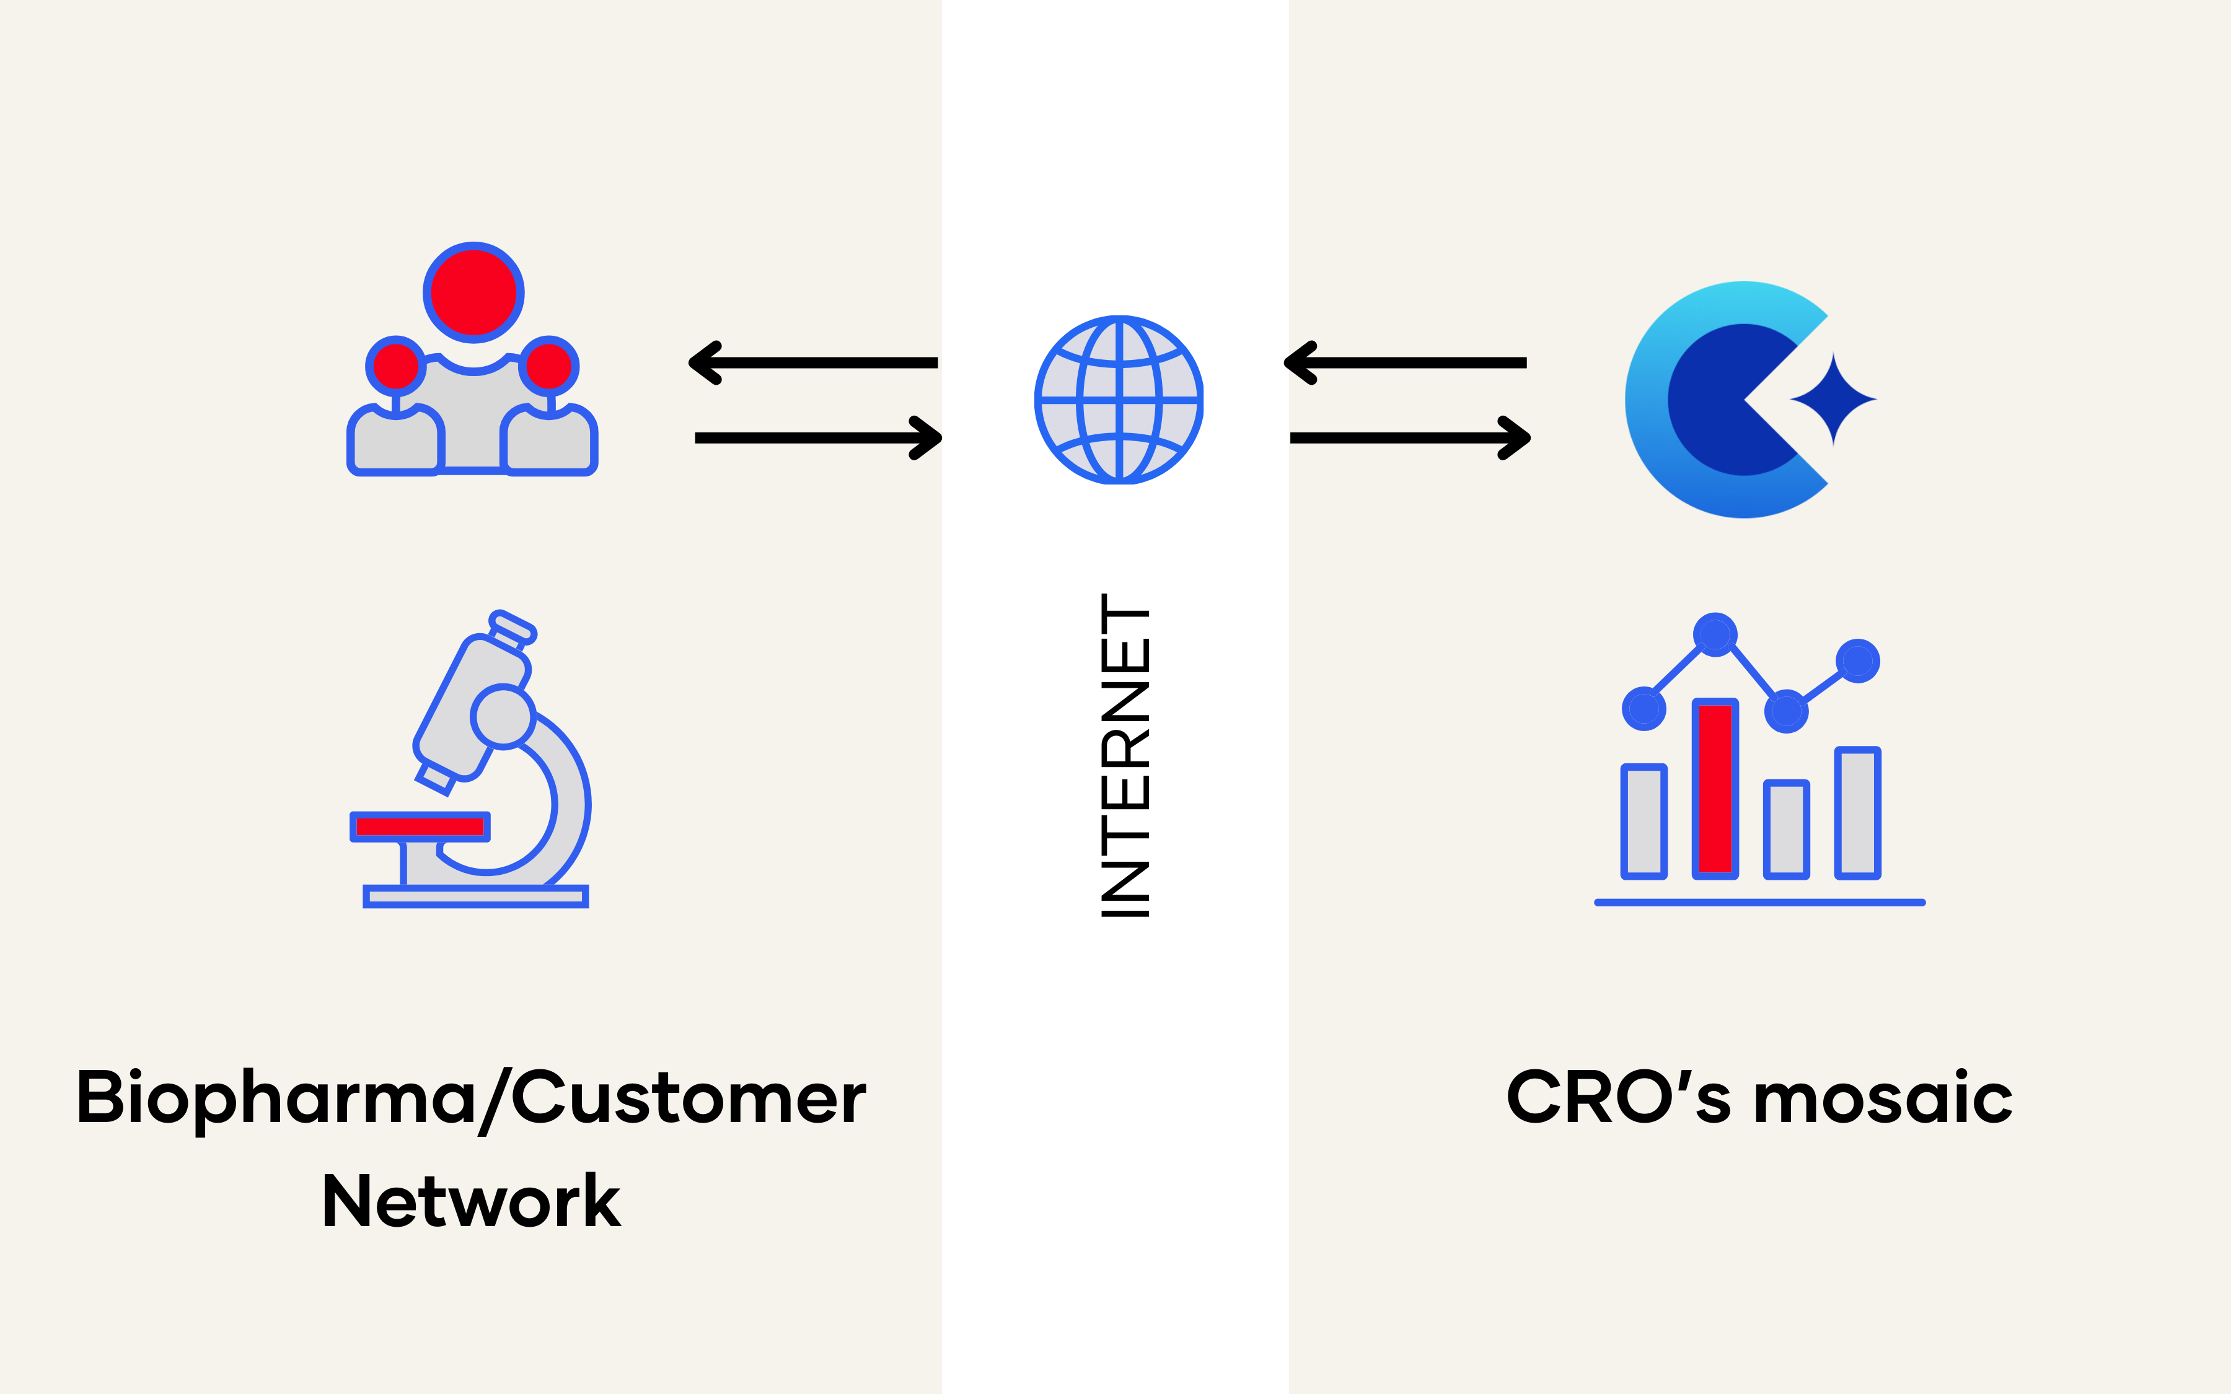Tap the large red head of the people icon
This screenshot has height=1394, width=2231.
tap(474, 292)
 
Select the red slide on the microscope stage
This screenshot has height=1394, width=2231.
tap(420, 826)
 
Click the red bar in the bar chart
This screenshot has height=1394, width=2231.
tap(1715, 788)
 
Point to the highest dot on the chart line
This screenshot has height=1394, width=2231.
tap(1715, 634)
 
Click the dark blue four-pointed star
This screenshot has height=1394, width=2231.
tap(1833, 399)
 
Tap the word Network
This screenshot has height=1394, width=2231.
tap(471, 1202)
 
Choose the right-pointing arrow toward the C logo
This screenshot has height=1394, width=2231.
tap(1410, 438)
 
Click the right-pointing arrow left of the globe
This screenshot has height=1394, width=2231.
tap(819, 438)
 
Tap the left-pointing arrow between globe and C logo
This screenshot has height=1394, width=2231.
tap(1409, 362)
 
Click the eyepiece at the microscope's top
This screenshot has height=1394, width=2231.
tap(513, 627)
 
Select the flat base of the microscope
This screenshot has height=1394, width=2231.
tap(476, 896)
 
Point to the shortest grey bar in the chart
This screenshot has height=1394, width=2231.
tap(1785, 829)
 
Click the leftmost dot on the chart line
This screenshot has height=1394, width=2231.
tap(1644, 709)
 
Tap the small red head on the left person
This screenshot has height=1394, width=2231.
tap(395, 366)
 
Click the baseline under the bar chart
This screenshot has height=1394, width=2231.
tap(1759, 903)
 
